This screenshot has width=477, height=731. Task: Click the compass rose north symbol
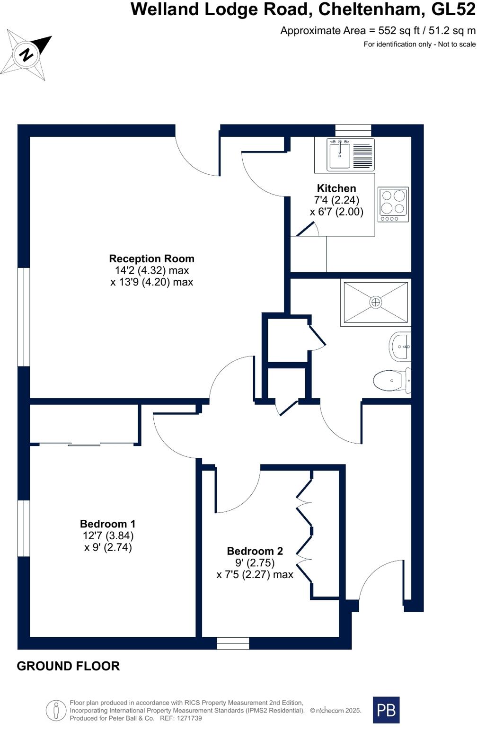pos(26,54)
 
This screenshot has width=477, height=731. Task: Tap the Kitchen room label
pos(336,188)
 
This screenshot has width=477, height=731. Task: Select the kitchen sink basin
pos(339,154)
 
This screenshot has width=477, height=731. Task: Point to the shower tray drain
pos(376,302)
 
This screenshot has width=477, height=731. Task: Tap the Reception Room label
pos(151,259)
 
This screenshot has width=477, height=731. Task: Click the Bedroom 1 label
pos(107,524)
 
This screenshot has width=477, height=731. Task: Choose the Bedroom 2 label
pos(255,551)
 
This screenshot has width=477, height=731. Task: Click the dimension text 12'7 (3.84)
pos(108,535)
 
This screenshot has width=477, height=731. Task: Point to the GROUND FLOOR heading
pos(68,666)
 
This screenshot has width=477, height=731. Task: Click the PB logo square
pos(386,710)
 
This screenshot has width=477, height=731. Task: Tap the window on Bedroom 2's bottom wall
pos(233,643)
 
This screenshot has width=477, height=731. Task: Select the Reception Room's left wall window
pos(24,317)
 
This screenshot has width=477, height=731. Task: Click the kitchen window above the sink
pos(353,130)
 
